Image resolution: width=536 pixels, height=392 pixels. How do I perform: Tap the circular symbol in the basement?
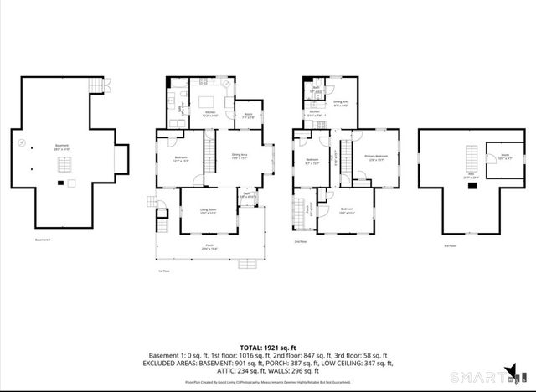pyautogui.click(x=21, y=143)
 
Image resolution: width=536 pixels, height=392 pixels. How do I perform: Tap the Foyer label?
pyautogui.click(x=248, y=194)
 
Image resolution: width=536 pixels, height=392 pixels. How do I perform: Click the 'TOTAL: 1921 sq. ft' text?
pyautogui.click(x=268, y=345)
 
